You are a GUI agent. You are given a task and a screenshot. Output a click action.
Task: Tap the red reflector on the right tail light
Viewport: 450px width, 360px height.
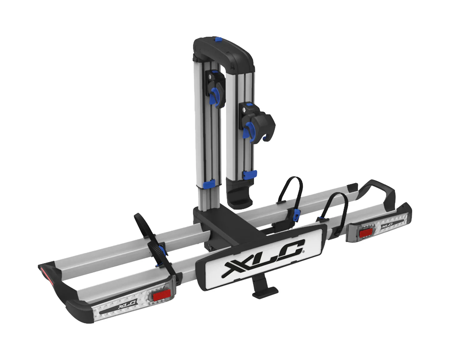point(366,233)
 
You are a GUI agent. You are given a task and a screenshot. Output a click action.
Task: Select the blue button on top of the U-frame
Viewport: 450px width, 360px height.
point(218,39)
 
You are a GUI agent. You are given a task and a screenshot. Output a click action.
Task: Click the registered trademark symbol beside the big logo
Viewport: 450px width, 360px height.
point(303,252)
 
